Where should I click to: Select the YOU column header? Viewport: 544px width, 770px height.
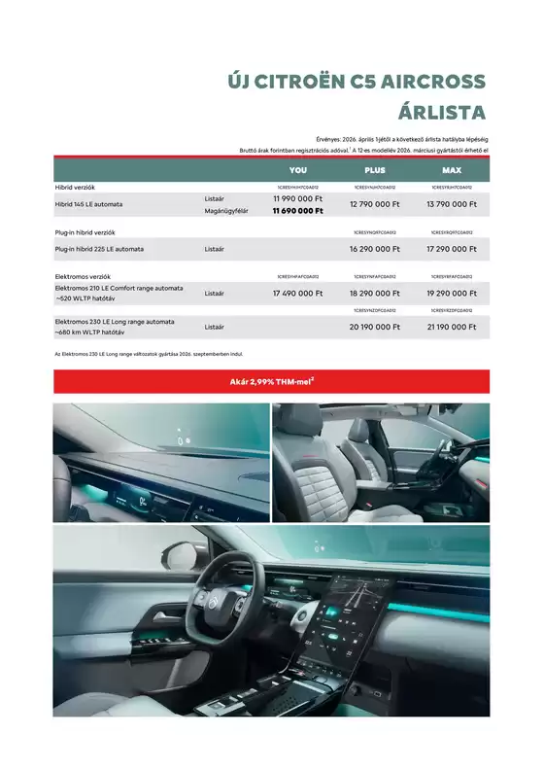coord(298,170)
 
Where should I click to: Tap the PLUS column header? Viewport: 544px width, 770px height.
coord(374,170)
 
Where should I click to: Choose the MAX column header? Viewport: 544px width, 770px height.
coord(451,170)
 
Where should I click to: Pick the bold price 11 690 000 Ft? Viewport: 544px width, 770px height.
coord(297,211)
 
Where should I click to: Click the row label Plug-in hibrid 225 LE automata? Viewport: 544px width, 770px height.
coord(99,249)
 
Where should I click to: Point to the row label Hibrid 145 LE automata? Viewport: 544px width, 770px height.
coord(88,204)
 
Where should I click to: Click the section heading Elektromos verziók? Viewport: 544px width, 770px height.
coord(84,276)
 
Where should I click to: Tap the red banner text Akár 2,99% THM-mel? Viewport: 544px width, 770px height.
coord(271,382)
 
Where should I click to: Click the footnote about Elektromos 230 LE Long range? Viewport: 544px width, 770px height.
coord(146,354)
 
